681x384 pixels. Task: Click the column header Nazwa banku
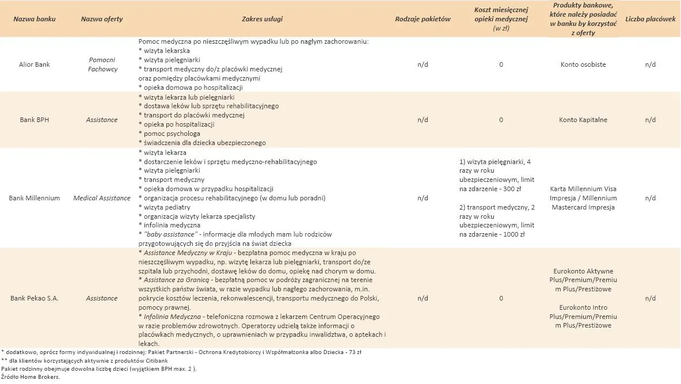(35, 19)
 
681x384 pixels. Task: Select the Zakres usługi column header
(262, 19)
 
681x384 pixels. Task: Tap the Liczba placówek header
(650, 19)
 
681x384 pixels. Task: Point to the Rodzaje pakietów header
(423, 19)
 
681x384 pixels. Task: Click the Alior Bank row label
(35, 64)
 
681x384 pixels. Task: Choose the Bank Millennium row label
(35, 198)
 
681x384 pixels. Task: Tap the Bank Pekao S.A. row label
(35, 298)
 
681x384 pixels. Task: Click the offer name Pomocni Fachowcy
(102, 64)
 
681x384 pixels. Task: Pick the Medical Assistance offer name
(102, 198)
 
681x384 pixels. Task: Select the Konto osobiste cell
(583, 64)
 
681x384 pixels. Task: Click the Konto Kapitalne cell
(583, 120)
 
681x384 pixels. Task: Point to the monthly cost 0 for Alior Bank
(501, 64)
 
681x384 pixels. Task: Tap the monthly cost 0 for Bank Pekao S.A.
(501, 298)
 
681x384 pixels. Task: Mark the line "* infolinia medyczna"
(170, 225)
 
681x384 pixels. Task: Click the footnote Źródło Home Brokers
(31, 377)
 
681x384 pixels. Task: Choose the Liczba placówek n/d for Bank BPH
(650, 120)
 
